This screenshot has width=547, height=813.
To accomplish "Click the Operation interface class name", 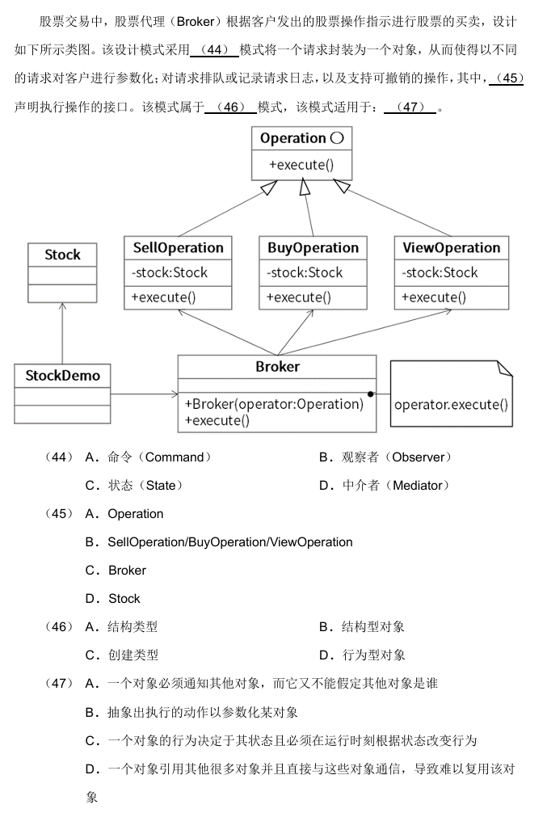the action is pos(293,138).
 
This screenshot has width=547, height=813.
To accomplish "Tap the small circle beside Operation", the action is pos(337,138).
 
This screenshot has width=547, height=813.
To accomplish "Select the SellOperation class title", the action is pos(178,248).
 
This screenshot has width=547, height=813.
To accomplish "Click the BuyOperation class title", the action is pos(313,248).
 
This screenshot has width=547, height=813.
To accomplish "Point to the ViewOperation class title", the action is pos(452,248).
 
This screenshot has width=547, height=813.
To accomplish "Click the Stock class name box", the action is pos(62,255).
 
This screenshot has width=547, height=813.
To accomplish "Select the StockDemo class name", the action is pos(63,376).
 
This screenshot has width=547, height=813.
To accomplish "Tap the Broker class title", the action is pos(277,367).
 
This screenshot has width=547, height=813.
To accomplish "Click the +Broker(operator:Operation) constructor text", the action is pos(274,404).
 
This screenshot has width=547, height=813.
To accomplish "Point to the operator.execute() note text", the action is pos(451,404).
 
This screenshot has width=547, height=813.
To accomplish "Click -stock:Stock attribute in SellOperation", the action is pos(169,272).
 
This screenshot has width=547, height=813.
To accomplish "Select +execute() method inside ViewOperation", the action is pos(434,297).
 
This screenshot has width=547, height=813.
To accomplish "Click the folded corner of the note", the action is pos(504,369).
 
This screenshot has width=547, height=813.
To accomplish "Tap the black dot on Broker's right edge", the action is pos(370,394).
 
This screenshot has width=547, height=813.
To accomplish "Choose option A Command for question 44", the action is pos(149,457).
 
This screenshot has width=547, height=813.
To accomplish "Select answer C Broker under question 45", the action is pos(116,571).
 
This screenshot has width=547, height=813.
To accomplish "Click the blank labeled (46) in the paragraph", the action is pos(231,107).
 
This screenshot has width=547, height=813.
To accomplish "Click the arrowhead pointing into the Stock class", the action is pos(62,306).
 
